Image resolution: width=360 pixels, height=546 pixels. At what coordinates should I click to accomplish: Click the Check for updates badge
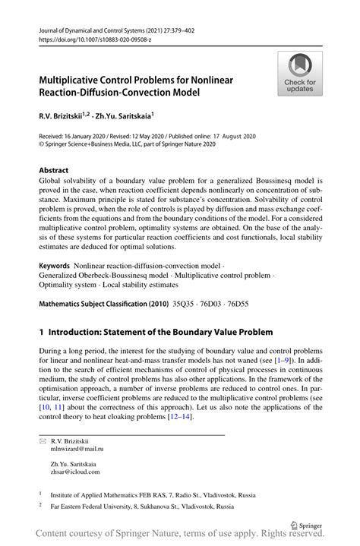coord(301,74)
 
